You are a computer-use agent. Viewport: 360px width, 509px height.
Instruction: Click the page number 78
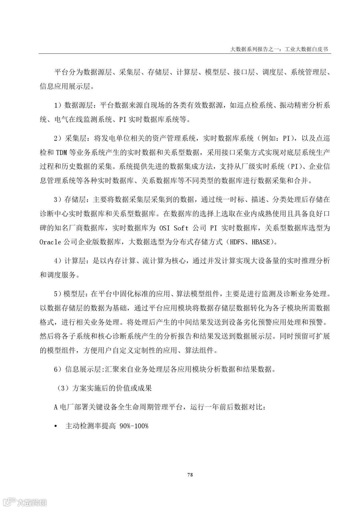(190, 475)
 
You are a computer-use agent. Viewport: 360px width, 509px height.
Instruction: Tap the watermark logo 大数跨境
(24, 501)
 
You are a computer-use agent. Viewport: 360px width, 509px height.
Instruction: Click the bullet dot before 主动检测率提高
(56, 426)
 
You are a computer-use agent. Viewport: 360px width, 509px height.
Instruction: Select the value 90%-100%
(133, 426)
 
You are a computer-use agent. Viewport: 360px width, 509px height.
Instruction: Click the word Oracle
(50, 242)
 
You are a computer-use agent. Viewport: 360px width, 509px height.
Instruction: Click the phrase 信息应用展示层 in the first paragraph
(65, 86)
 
